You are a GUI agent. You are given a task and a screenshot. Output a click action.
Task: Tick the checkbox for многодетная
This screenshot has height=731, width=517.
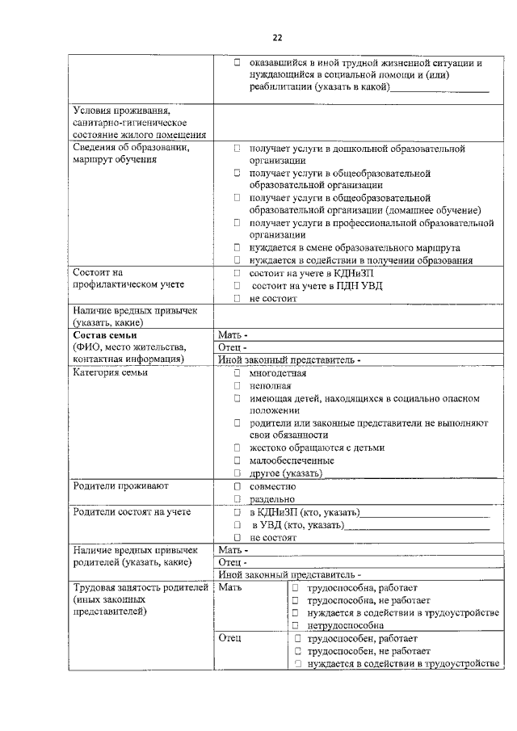click(237, 373)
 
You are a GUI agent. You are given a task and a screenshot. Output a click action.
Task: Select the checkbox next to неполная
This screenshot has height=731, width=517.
click(237, 385)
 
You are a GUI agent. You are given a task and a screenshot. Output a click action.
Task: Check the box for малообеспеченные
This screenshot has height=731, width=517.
click(237, 460)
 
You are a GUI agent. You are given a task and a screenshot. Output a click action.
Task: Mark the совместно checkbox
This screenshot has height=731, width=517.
click(237, 486)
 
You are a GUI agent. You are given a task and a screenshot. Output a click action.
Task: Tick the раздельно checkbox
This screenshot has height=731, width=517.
click(237, 499)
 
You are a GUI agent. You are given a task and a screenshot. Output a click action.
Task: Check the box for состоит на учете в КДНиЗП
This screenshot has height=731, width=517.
click(237, 273)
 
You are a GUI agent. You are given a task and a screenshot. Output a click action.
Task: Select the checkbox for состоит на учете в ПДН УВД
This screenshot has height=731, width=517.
click(237, 285)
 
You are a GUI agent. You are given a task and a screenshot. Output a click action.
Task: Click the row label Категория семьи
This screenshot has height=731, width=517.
click(110, 373)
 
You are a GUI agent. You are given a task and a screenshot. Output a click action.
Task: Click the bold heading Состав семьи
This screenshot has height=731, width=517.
click(105, 334)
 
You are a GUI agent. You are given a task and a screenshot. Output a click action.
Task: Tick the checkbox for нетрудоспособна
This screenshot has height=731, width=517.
click(296, 625)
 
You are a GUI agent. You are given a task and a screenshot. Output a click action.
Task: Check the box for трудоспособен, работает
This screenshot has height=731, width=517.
click(297, 638)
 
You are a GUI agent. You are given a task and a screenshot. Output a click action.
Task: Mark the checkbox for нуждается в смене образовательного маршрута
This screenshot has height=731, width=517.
click(237, 248)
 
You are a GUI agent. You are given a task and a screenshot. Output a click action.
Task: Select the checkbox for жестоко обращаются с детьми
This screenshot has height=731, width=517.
click(237, 447)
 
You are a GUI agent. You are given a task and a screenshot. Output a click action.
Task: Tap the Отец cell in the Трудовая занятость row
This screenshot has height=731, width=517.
click(231, 638)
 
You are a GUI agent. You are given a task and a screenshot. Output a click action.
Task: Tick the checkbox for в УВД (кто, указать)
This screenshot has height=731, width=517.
click(237, 525)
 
